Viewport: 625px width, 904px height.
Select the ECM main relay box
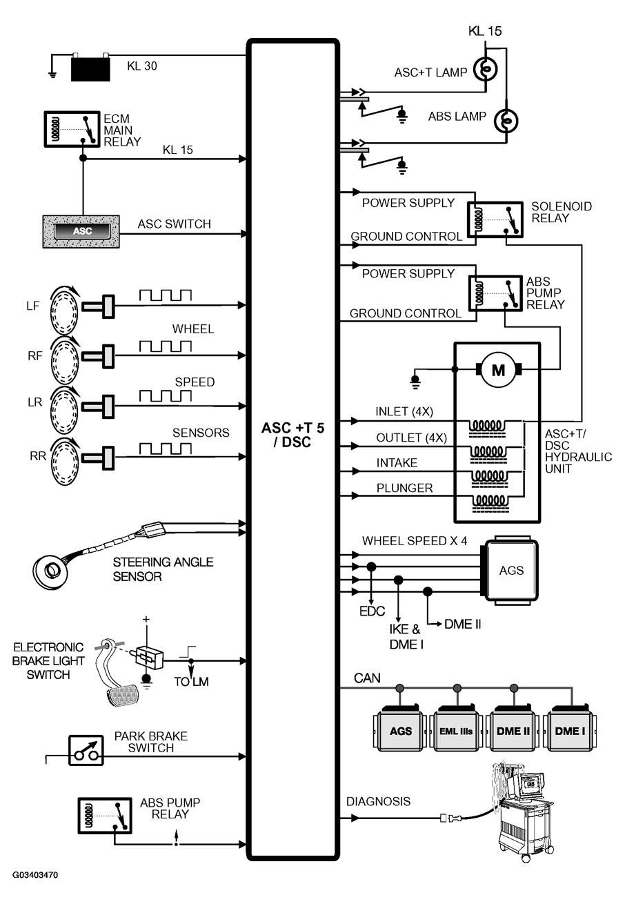click(72, 129)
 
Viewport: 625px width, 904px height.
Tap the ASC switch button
click(82, 231)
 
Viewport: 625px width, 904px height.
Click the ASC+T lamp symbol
click(486, 69)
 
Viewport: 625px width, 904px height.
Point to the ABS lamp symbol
click(506, 120)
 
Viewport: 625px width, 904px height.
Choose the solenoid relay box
click(495, 219)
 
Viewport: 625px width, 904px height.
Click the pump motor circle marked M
click(499, 369)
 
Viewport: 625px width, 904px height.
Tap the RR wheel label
click(38, 456)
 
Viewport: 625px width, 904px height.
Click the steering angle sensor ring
click(51, 570)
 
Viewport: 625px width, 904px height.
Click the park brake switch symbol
click(86, 751)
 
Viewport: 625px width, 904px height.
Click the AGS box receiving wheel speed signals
click(511, 570)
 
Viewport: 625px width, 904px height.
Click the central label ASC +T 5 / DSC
click(292, 435)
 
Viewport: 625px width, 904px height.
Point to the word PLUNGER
click(404, 488)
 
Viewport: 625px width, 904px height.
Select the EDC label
click(372, 611)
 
